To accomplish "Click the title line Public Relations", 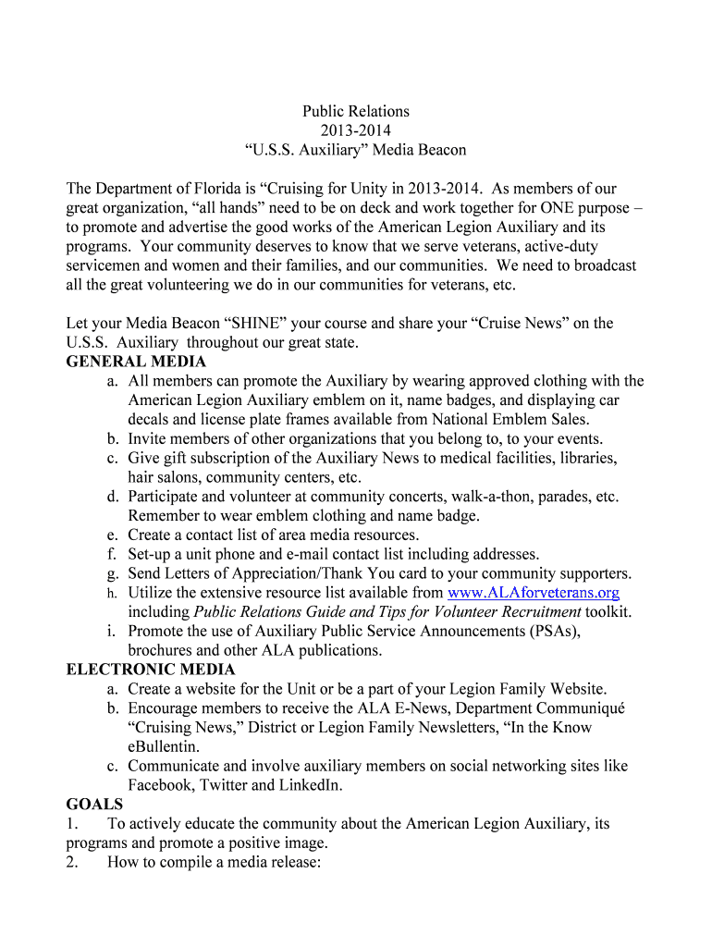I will (356, 111).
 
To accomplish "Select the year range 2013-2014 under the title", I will (356, 130).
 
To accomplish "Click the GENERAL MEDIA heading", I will (136, 362).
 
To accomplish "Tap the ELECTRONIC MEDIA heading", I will (151, 669).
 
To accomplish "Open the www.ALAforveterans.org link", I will (533, 592).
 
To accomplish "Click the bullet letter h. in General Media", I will (111, 593).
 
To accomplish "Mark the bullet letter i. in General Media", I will (112, 631).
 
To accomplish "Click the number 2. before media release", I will (73, 863).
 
